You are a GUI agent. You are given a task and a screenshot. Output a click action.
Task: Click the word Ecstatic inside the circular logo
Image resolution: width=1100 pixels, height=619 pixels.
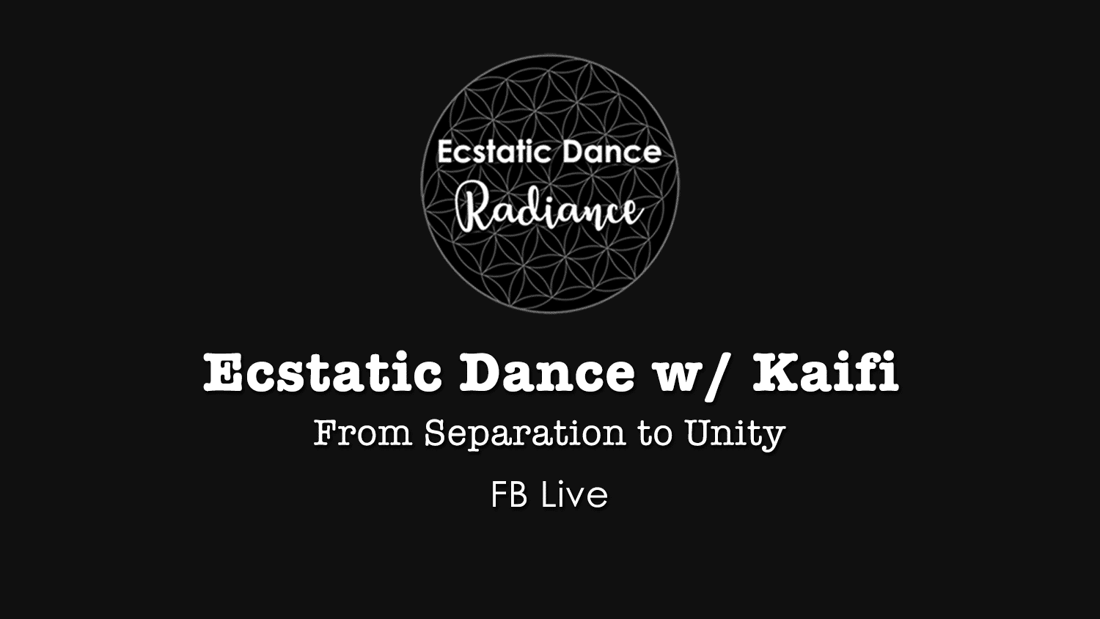click(493, 153)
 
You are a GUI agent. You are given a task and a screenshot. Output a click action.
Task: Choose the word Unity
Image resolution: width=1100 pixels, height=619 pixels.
click(735, 435)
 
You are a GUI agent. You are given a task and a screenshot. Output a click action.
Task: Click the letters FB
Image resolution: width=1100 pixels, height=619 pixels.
click(509, 495)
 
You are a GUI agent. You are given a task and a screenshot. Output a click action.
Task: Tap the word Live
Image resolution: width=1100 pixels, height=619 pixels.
click(574, 495)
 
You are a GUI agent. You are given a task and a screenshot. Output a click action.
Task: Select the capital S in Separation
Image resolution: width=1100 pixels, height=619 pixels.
click(435, 433)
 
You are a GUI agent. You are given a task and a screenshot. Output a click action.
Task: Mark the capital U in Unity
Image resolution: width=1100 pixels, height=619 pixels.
click(699, 433)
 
